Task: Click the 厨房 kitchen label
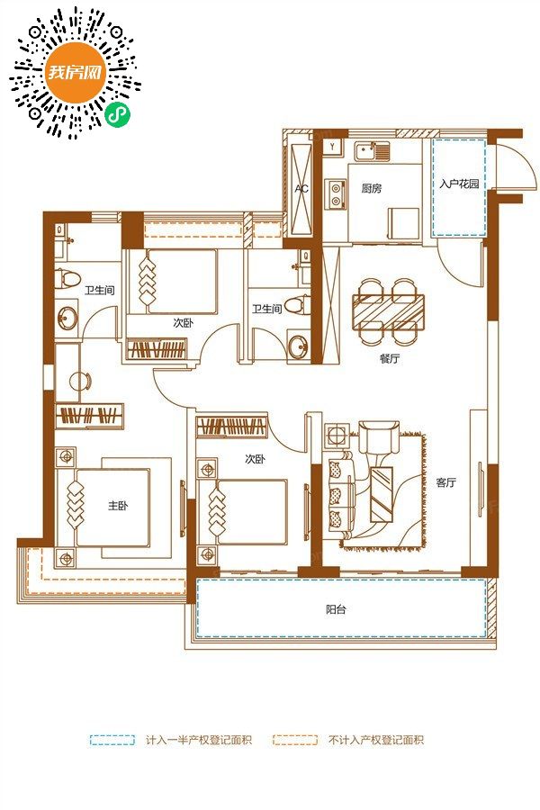(372, 189)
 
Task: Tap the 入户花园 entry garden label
(459, 184)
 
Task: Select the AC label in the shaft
(301, 189)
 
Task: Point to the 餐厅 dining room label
(390, 358)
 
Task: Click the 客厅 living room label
(446, 482)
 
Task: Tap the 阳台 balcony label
(336, 609)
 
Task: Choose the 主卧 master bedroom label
(118, 505)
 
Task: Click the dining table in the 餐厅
(389, 311)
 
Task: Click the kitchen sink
(372, 151)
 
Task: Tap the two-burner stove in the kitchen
(336, 193)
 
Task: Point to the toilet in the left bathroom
(67, 278)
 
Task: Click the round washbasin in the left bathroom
(67, 319)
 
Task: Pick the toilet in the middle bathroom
(297, 304)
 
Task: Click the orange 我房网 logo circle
(75, 72)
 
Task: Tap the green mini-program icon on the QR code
(118, 114)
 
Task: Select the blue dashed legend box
(112, 740)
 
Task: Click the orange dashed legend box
(294, 740)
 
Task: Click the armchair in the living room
(379, 437)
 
